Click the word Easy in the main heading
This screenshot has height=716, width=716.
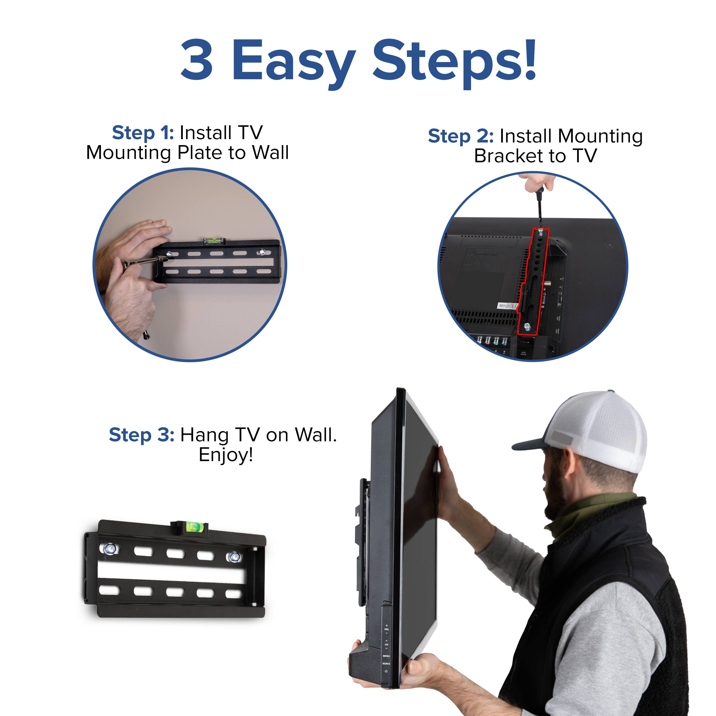click(x=293, y=61)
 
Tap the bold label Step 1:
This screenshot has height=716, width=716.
click(x=143, y=133)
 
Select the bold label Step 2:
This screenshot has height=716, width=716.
click(x=461, y=136)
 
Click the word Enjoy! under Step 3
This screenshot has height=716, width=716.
click(x=226, y=455)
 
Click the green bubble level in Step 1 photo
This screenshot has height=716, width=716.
click(x=214, y=241)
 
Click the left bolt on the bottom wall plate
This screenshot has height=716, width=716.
click(x=110, y=549)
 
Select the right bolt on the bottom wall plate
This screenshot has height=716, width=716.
click(x=234, y=556)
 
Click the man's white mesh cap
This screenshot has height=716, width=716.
click(x=600, y=430)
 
